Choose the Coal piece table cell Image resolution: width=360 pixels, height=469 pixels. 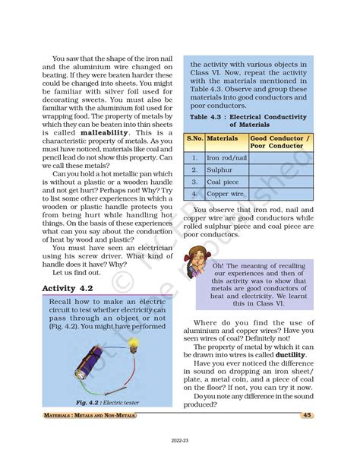[225, 182]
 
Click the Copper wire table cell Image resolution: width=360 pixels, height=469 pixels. [227, 194]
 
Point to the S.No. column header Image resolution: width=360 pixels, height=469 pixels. [195, 140]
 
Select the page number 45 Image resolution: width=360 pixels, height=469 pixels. [307, 415]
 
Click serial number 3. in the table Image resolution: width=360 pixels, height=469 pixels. [195, 182]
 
